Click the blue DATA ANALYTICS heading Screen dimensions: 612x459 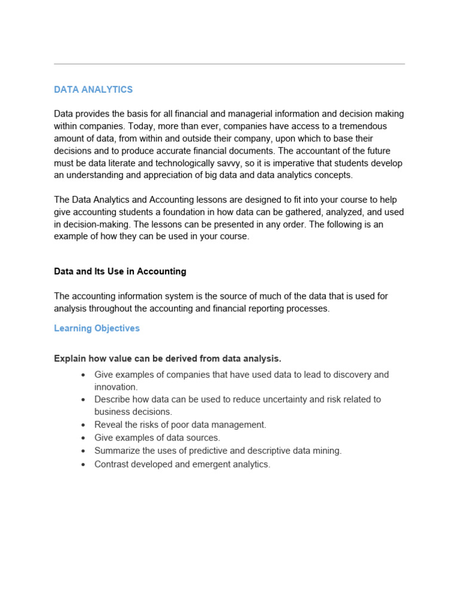93,90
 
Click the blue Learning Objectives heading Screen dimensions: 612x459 97,328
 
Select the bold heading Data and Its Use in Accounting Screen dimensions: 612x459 120,271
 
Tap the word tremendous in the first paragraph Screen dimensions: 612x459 357,126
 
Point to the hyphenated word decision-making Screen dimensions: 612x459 94,225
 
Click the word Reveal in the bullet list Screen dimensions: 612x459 109,425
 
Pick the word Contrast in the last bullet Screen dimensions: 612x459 112,464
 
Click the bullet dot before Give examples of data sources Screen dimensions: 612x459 82,438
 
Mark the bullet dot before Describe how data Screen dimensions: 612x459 82,399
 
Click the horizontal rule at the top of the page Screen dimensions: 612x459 229,64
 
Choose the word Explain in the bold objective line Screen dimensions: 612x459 69,359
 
